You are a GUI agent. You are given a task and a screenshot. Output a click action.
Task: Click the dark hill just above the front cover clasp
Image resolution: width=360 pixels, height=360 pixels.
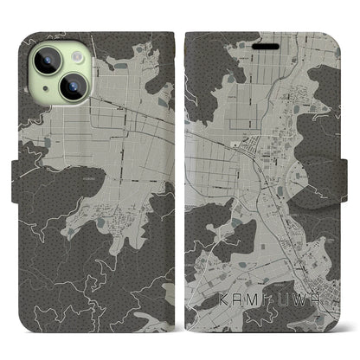pos(333,130)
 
